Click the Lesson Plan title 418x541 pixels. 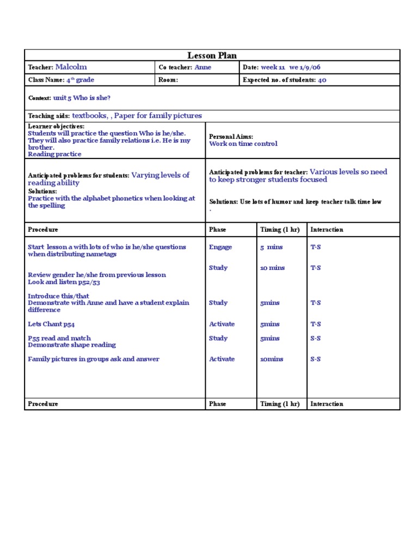212,55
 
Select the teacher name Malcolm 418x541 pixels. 71,67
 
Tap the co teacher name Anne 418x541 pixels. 202,67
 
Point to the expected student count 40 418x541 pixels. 322,80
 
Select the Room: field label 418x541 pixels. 168,80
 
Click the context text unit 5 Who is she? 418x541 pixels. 82,98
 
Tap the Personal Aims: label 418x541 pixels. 231,137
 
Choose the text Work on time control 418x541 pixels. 243,144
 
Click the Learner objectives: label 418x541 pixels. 56,126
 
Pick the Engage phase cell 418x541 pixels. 220,247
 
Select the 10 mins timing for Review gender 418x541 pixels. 272,268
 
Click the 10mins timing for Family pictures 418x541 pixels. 272,359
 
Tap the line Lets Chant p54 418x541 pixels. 51,324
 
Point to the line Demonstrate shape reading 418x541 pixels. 71,345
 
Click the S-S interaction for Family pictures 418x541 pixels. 315,359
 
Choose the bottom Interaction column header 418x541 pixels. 327,404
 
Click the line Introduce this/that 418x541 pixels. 58,296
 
